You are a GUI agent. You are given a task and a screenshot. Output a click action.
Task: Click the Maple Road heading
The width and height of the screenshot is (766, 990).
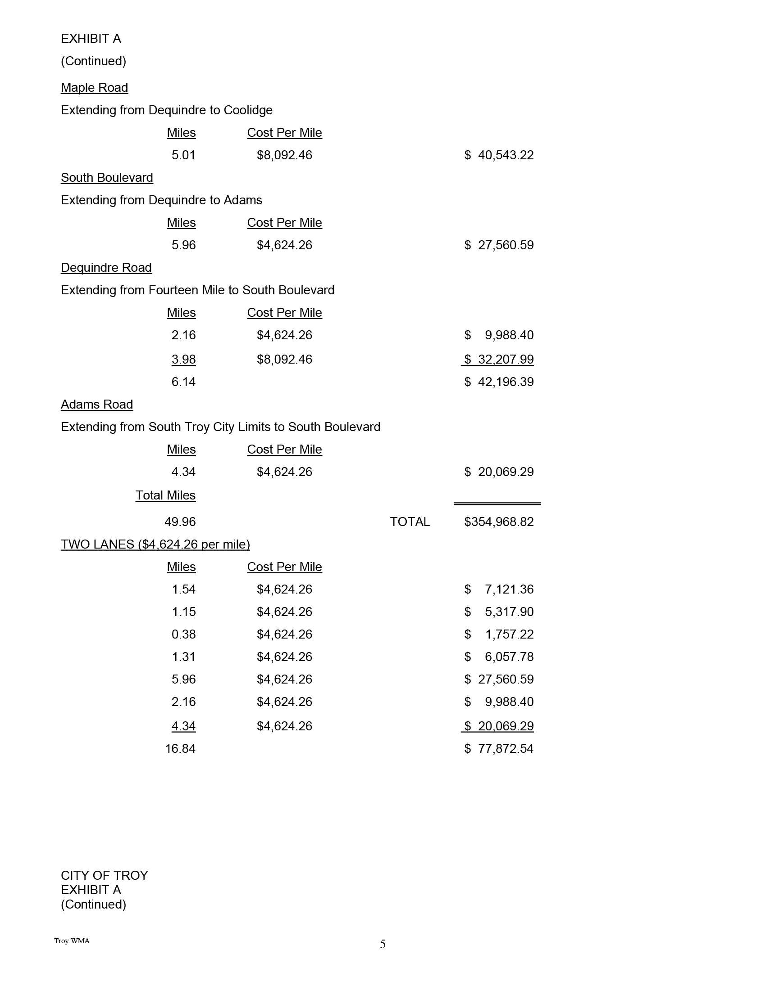94,87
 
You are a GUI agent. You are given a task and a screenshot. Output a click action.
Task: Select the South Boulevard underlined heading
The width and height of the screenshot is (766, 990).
107,178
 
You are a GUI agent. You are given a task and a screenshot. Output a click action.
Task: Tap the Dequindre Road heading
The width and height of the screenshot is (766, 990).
106,267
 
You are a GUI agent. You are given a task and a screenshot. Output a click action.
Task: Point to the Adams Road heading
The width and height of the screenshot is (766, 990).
97,405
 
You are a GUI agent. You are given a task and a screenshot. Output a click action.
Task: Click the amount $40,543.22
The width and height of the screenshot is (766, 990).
499,155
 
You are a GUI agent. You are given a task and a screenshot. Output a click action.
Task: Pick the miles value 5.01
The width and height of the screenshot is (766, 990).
183,155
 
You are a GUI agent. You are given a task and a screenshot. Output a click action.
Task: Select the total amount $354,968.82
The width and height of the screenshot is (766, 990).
499,522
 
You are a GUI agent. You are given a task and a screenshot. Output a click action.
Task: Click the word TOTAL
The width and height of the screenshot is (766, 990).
410,522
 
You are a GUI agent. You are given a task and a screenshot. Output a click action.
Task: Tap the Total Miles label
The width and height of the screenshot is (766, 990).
165,495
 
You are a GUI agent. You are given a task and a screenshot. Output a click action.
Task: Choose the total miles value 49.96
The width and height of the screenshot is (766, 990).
180,522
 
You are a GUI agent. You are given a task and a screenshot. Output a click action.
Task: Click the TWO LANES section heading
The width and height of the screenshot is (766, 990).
155,544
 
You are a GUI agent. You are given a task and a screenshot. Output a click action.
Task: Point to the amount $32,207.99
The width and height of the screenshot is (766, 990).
499,360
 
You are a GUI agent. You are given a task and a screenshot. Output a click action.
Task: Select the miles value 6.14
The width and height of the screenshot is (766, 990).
183,382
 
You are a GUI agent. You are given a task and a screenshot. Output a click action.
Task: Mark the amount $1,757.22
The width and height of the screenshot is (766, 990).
499,634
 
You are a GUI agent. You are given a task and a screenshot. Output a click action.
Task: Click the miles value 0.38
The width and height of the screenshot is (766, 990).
183,634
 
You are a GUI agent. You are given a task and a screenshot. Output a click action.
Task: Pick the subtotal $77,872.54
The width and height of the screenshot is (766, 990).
499,748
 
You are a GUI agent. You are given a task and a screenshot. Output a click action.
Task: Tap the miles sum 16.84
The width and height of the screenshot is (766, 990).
180,748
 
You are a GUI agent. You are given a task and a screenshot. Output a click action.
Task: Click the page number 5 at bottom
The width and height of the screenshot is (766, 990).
383,944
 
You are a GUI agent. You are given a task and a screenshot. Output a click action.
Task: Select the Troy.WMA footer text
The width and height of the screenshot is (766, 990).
72,941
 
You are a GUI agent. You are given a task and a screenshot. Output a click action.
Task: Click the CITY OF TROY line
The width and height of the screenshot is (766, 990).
105,875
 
